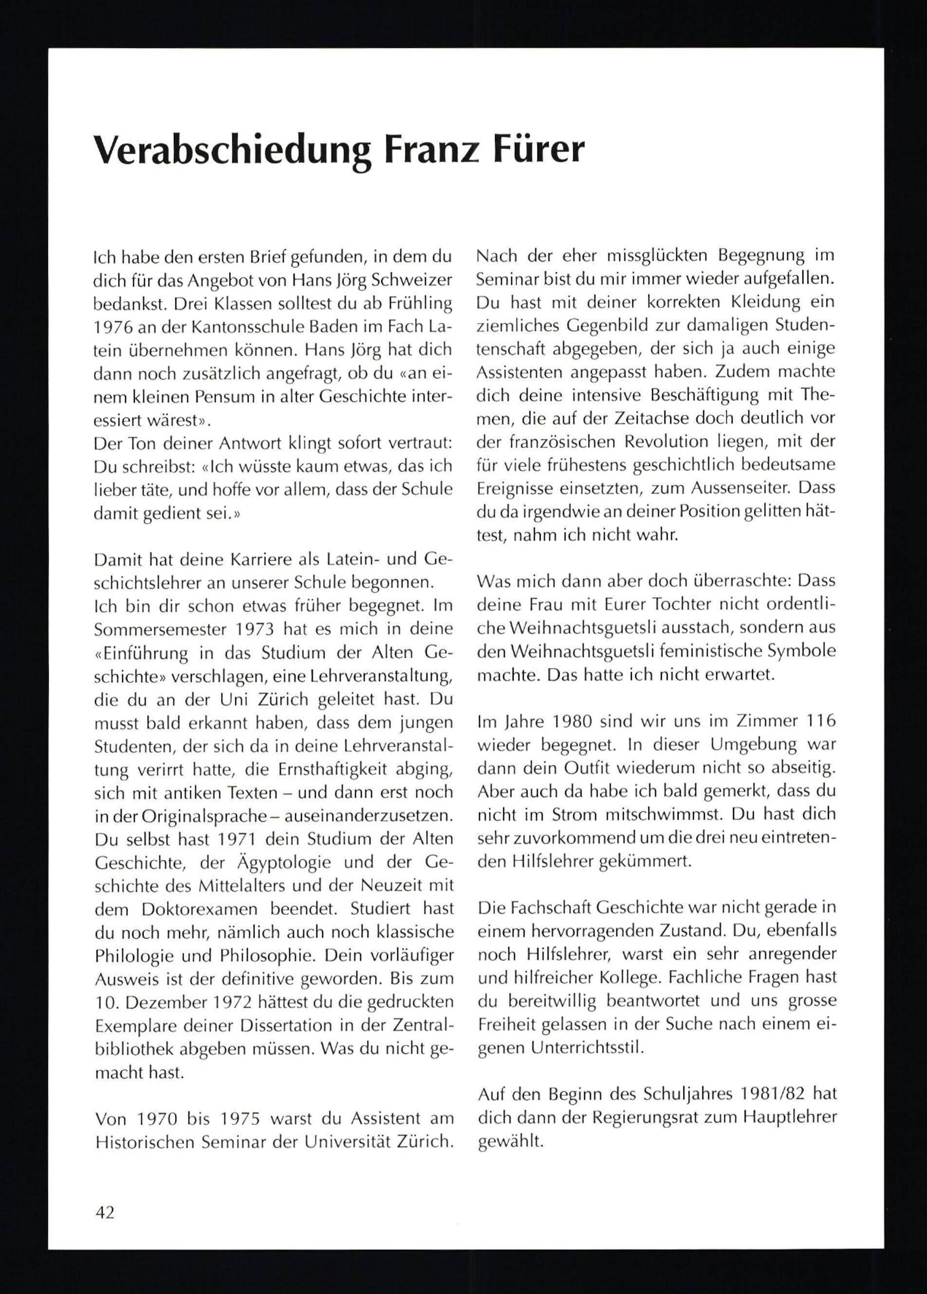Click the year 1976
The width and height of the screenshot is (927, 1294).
tap(114, 328)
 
